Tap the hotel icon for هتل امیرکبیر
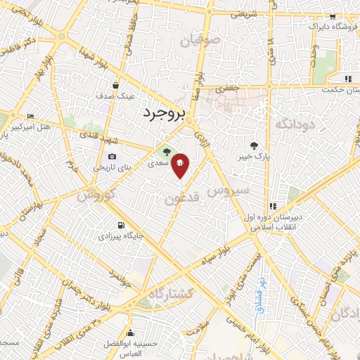pyautogui.click(x=30, y=116)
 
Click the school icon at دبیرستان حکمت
pyautogui.click(x=347, y=79)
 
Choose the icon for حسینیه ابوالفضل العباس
pyautogui.click(x=129, y=333)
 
